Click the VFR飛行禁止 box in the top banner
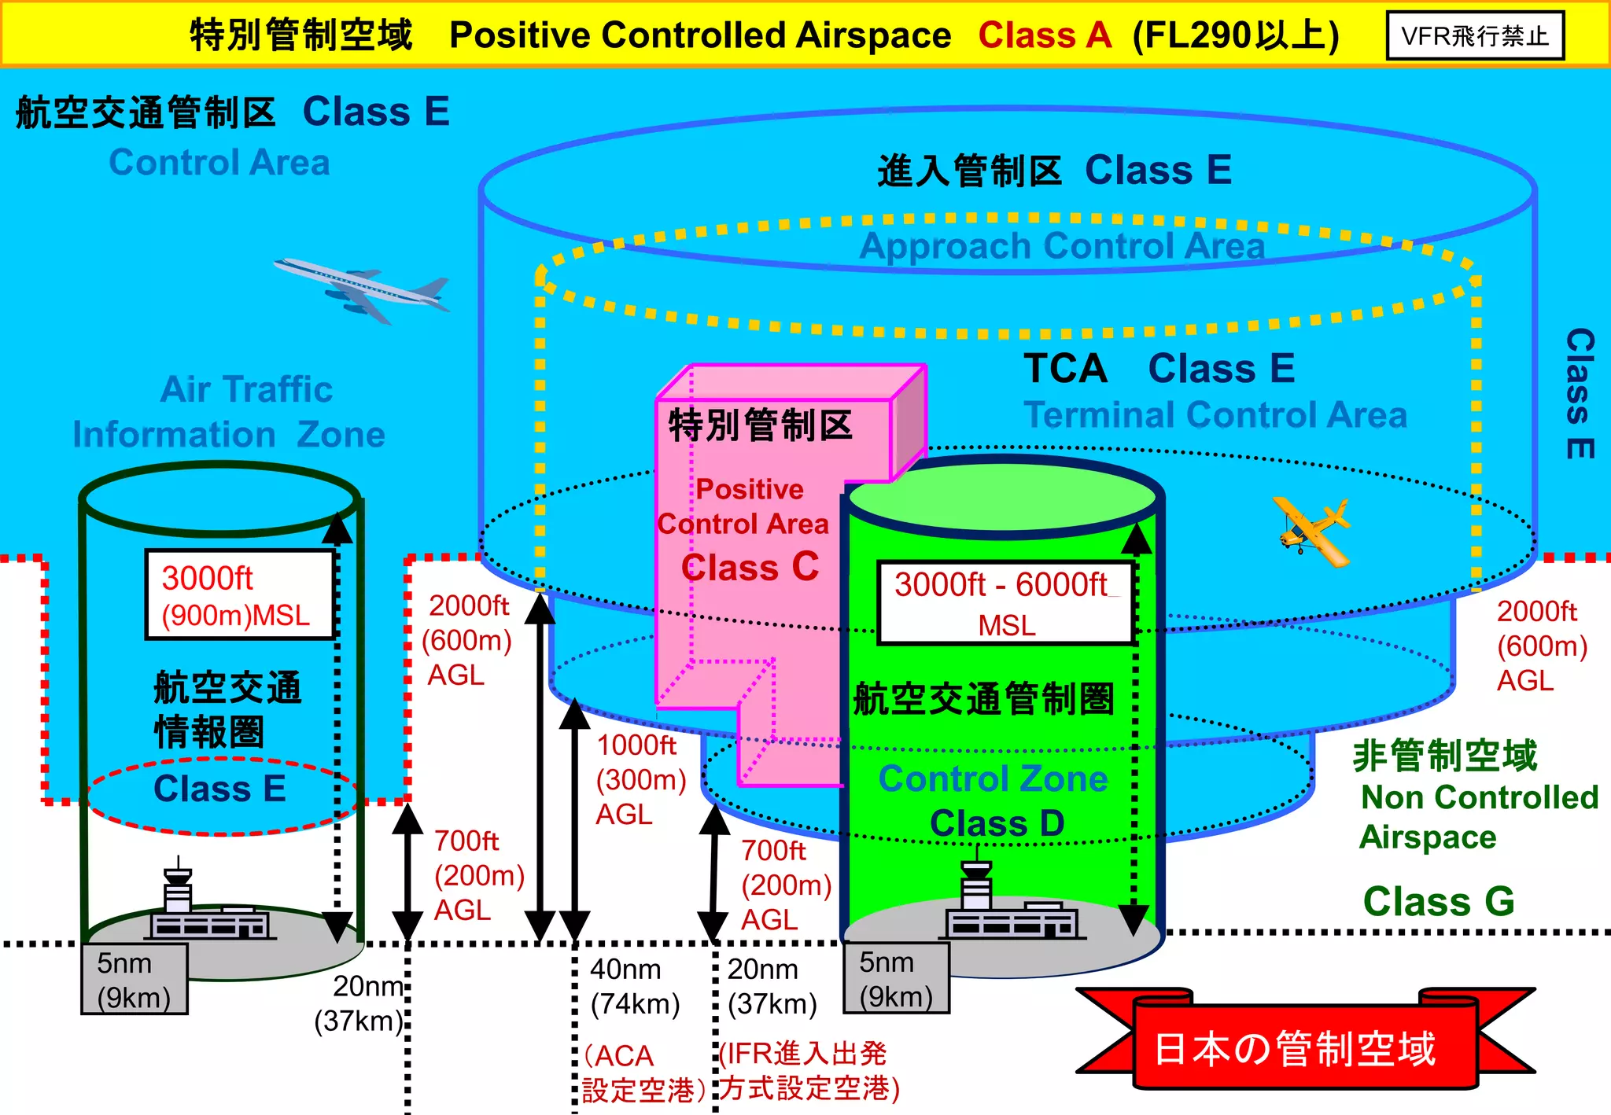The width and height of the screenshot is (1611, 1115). point(1475,35)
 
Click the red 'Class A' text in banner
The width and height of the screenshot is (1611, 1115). point(1045,35)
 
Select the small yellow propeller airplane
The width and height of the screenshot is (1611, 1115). point(1312,531)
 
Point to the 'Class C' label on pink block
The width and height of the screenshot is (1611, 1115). point(750,567)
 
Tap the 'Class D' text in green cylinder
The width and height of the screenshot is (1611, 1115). point(997,823)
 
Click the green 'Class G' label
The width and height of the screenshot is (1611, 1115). point(1438,901)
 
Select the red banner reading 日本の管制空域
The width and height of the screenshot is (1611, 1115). point(1296,1049)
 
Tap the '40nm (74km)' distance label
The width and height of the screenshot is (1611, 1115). point(634,987)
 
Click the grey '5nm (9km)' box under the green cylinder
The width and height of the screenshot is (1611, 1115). point(896,979)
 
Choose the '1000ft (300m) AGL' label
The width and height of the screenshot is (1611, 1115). point(639,779)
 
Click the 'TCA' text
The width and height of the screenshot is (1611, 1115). point(1065,368)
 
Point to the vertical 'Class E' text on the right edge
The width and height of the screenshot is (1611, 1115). point(1579,393)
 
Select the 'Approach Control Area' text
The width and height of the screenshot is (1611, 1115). point(1061,246)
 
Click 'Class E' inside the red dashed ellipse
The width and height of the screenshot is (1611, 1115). point(219,789)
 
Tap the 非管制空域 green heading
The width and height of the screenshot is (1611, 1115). point(1444,756)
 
